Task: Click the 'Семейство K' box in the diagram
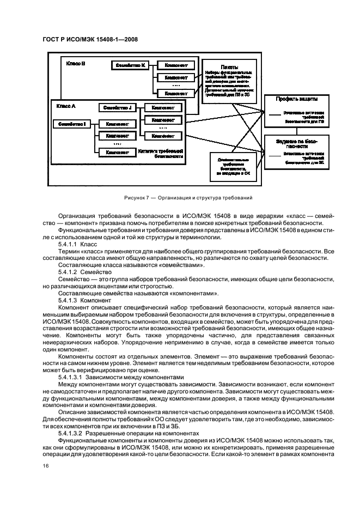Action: pyautogui.click(x=130, y=65)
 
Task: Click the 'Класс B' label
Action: pyautogui.click(x=76, y=64)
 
